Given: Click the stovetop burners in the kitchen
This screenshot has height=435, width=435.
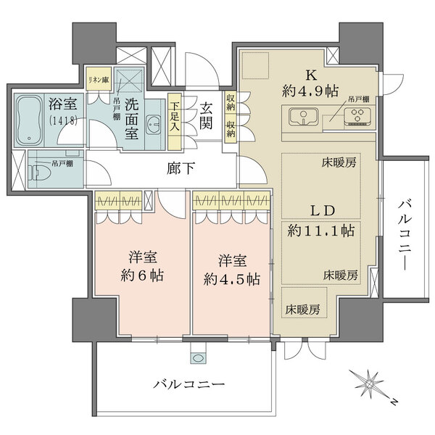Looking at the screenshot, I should click(356, 116).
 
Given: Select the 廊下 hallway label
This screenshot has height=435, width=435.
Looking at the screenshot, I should click(178, 170).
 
